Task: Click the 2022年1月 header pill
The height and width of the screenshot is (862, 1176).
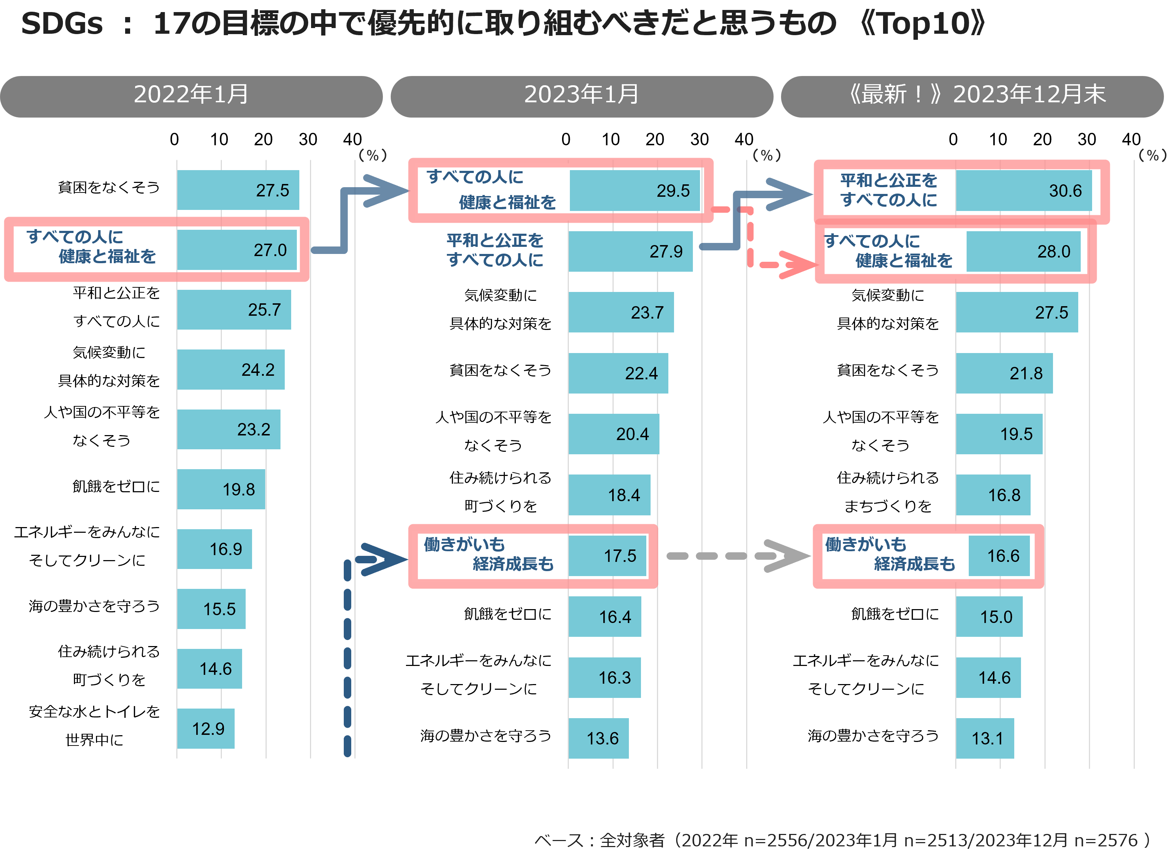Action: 191,97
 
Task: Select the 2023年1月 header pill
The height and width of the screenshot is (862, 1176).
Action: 582,97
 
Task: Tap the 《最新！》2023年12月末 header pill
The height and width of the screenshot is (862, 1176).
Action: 972,97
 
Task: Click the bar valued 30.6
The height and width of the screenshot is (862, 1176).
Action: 1023,190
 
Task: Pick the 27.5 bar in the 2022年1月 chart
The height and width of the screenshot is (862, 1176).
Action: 238,190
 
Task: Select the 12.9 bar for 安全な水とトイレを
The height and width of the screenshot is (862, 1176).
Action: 206,728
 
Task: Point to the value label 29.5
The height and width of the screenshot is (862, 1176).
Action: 673,191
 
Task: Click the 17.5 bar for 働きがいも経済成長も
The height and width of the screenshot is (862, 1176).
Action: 607,556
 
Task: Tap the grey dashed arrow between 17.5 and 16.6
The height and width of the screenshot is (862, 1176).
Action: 738,556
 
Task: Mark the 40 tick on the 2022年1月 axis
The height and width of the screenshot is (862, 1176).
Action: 353,139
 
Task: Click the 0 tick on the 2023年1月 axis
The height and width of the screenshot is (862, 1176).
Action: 566,139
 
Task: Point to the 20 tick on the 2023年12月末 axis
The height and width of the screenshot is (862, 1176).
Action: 1042,139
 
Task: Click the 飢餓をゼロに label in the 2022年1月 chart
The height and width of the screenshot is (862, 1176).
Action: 116,486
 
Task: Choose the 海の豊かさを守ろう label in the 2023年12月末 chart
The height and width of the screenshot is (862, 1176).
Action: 873,736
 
